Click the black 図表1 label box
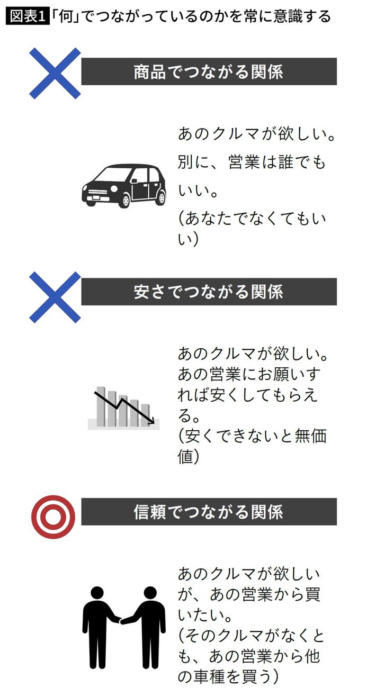click(28, 16)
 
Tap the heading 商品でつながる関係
click(209, 71)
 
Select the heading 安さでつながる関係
click(209, 292)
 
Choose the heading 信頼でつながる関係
click(209, 512)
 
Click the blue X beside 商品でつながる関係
click(55, 74)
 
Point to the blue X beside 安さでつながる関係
click(55, 297)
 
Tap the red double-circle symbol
click(53, 517)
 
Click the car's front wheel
click(125, 201)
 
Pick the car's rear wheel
click(161, 198)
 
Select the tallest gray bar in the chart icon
click(101, 406)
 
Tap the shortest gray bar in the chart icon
click(145, 415)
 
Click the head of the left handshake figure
click(98, 594)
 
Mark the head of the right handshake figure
click(150, 594)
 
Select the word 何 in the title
click(66, 16)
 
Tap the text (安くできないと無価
click(252, 436)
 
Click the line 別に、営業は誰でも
click(252, 162)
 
